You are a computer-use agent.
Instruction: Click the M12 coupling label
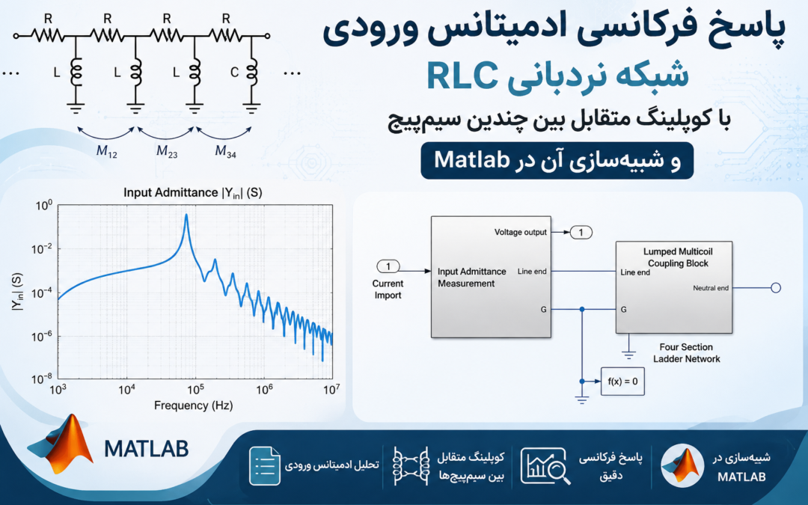coord(107,151)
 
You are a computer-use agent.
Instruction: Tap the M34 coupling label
coord(225,151)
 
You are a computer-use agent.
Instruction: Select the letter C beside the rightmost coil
coord(234,73)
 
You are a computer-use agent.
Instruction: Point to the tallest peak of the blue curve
coord(186,215)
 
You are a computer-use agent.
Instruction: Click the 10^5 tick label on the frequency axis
coord(195,389)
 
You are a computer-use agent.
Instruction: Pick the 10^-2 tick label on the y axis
coord(41,249)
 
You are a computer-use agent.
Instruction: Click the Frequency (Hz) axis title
coord(193,405)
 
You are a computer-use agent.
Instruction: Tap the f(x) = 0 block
coord(622,382)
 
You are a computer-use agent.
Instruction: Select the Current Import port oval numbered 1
coord(388,266)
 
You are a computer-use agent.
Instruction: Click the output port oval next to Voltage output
coord(581,233)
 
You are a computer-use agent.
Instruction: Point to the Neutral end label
coord(711,288)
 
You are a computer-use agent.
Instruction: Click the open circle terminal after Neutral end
coord(776,288)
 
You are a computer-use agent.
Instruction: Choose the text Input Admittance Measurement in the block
coord(471,278)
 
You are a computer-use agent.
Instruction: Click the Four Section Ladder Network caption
coord(686,353)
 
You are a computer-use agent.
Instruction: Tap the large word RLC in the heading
coord(462,76)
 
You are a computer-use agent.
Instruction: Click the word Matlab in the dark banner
coord(471,160)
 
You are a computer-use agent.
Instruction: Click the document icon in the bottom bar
coord(265,466)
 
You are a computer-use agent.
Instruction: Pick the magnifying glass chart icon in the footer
coord(545,466)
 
